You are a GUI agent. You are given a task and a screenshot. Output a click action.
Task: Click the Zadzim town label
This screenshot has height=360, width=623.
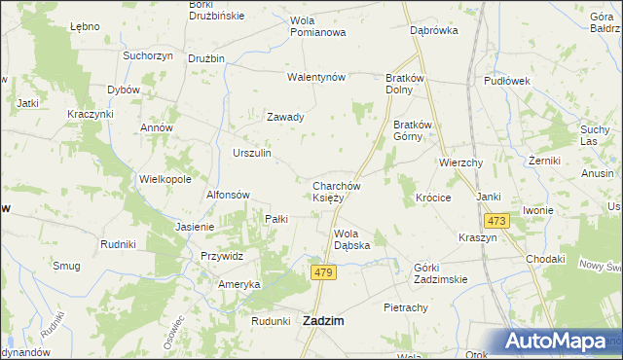pos(328,320)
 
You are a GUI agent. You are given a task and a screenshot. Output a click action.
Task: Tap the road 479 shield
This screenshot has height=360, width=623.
pos(324,274)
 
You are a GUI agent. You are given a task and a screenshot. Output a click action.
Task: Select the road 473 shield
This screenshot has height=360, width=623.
pos(496,222)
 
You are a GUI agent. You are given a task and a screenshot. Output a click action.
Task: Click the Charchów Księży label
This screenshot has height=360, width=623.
pos(337,192)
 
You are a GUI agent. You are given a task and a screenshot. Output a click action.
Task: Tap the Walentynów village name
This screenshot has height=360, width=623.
pos(316,77)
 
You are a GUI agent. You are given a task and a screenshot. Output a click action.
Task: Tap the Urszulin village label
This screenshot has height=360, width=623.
pos(252,154)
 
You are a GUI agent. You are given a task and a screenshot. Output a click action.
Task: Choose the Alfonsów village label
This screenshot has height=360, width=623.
pos(229,195)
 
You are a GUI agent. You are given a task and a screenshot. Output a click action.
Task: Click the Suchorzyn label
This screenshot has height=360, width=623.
pos(148,55)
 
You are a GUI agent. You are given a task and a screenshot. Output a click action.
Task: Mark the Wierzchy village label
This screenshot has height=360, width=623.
pos(461,162)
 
